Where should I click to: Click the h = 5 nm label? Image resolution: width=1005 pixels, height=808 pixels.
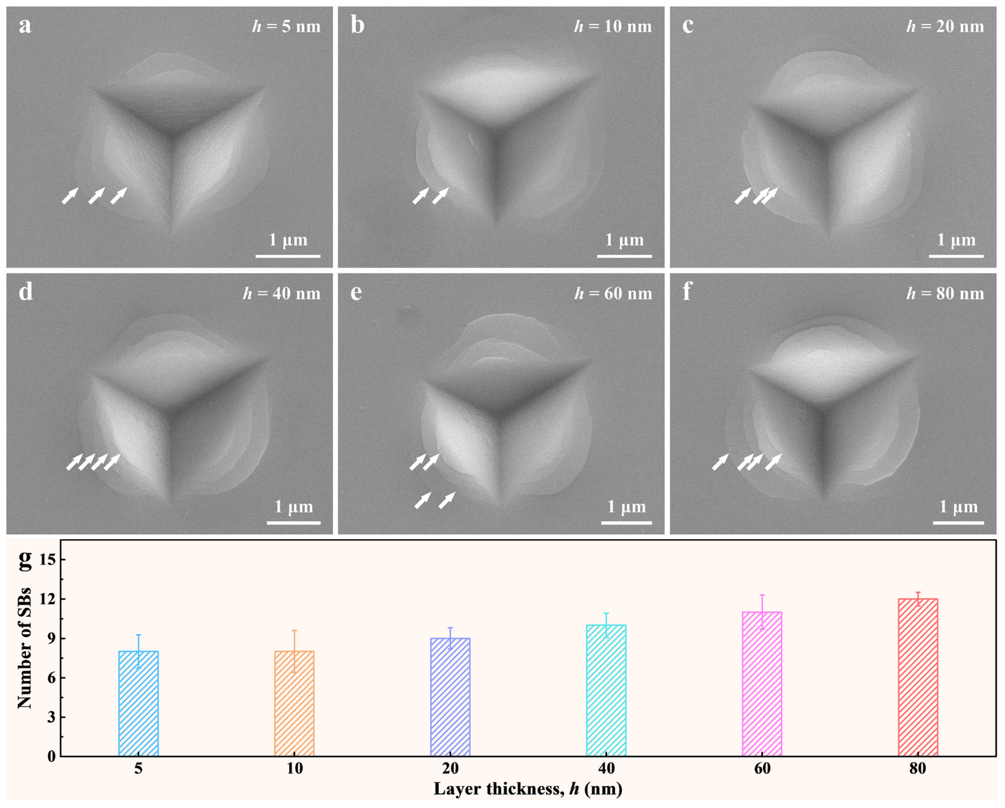[x=286, y=26]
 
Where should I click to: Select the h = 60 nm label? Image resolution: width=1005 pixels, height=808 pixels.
[x=613, y=293]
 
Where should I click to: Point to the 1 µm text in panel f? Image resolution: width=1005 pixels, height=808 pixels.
[x=958, y=506]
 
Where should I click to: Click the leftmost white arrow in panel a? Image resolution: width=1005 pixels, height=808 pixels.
[x=70, y=196]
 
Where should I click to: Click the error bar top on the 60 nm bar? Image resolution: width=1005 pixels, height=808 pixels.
[x=762, y=595]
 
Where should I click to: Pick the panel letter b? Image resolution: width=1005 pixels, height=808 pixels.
[x=357, y=25]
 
